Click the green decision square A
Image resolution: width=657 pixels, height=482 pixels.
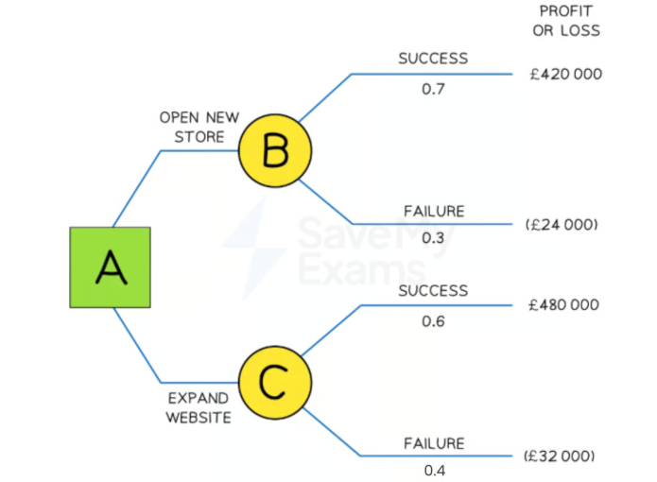pyautogui.click(x=110, y=267)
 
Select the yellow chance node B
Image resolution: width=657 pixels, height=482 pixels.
pyautogui.click(x=273, y=149)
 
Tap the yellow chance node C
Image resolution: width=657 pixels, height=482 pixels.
pyautogui.click(x=273, y=383)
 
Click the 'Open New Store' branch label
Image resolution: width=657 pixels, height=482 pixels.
pyautogui.click(x=192, y=127)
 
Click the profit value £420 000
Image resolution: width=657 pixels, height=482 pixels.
pyautogui.click(x=565, y=74)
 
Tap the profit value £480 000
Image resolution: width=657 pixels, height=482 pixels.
pyautogui.click(x=565, y=305)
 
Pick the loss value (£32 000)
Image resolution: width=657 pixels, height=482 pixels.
pyautogui.click(x=561, y=456)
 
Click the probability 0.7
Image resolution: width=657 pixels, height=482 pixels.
pyautogui.click(x=433, y=89)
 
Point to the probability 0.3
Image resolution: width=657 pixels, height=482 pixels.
pyautogui.click(x=433, y=238)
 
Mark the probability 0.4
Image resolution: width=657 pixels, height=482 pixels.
pyautogui.click(x=433, y=470)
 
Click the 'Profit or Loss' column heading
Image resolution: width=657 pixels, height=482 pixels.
pyautogui.click(x=569, y=21)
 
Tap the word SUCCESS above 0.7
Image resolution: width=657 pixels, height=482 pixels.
pyautogui.click(x=433, y=58)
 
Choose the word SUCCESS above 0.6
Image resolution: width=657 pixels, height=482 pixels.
pyautogui.click(x=433, y=290)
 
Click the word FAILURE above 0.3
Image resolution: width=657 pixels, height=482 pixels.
pyautogui.click(x=434, y=211)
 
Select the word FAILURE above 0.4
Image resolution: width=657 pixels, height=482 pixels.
pyautogui.click(x=434, y=442)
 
